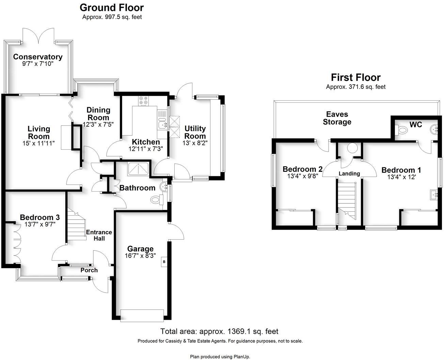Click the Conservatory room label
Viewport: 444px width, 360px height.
point(38,57)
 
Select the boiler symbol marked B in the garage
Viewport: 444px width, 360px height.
point(164,262)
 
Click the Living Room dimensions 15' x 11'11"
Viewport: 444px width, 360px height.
point(39,144)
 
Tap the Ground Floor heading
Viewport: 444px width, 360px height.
point(112,7)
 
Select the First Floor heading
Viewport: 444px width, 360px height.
point(355,78)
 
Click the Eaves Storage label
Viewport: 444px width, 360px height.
point(337,118)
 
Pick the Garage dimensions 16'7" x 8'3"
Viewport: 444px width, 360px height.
point(140,256)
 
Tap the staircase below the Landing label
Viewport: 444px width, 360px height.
point(347,201)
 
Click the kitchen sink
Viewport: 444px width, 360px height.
point(162,125)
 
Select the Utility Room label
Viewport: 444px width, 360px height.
point(195,132)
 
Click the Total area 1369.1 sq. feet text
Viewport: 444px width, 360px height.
point(219,331)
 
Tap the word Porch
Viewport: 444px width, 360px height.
point(89,270)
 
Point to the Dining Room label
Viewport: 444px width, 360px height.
point(98,114)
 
